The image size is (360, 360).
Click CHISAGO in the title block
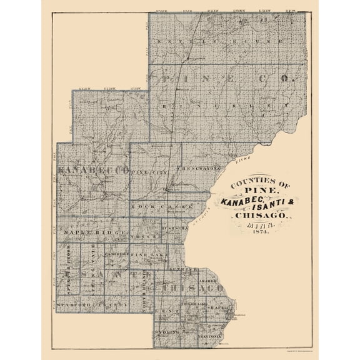tap(260, 216)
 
